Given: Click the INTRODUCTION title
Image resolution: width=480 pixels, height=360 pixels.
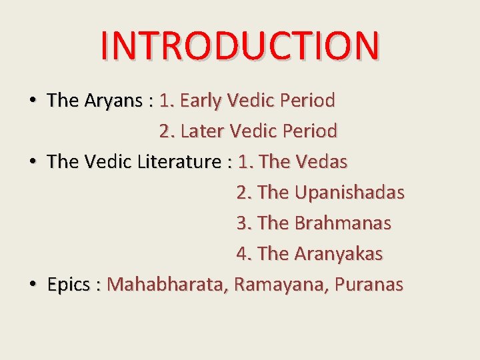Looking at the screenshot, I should (240, 45).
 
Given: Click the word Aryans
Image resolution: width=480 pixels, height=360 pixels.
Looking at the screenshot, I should (113, 101).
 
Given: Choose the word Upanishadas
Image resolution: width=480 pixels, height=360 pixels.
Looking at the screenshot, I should (349, 193).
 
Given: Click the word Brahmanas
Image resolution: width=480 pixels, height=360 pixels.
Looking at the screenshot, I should (343, 223).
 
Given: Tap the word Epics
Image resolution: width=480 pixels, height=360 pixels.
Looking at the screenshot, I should (69, 285).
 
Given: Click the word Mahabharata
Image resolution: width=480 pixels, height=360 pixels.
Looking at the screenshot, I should (168, 285).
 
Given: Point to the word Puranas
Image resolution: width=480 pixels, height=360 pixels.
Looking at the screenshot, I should (369, 285).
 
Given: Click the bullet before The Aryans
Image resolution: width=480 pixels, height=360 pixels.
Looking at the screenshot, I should (32, 101).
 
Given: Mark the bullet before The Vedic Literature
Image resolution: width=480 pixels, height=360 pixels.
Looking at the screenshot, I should (32, 162).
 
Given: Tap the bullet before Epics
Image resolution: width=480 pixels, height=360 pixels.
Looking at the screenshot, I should (32, 285).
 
